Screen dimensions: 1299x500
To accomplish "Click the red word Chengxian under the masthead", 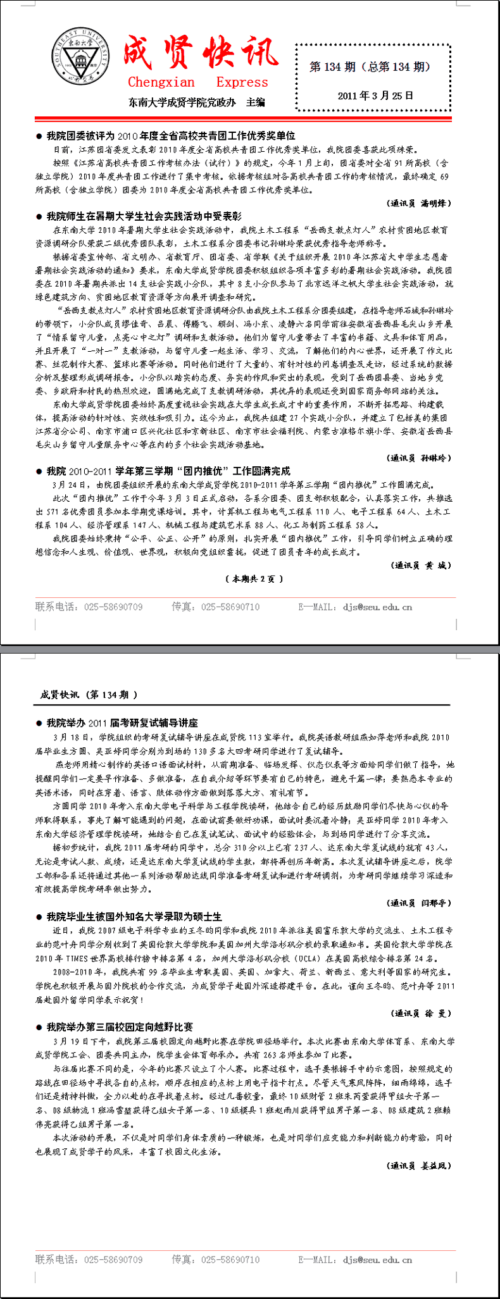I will click(x=161, y=82).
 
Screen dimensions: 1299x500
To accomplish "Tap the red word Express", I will click(x=242, y=82).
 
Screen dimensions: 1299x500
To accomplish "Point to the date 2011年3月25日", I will click(x=375, y=96).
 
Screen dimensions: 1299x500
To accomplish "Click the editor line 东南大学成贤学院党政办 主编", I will click(x=197, y=102).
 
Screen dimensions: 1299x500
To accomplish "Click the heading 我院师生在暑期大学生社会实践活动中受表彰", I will click(x=144, y=216).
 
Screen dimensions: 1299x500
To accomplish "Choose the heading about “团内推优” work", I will click(x=168, y=471).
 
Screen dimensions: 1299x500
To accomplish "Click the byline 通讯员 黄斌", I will click(x=420, y=565).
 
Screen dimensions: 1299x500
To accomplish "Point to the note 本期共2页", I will click(x=254, y=578).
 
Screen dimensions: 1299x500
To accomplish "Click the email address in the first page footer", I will click(x=377, y=607).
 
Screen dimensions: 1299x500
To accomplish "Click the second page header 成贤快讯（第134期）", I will click(x=89, y=695).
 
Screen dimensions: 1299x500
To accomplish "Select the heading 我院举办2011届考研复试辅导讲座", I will click(x=122, y=723).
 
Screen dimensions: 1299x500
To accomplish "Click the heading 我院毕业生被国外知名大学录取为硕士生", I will click(x=134, y=916).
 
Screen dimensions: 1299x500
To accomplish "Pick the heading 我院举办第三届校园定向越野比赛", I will click(x=120, y=1027).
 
